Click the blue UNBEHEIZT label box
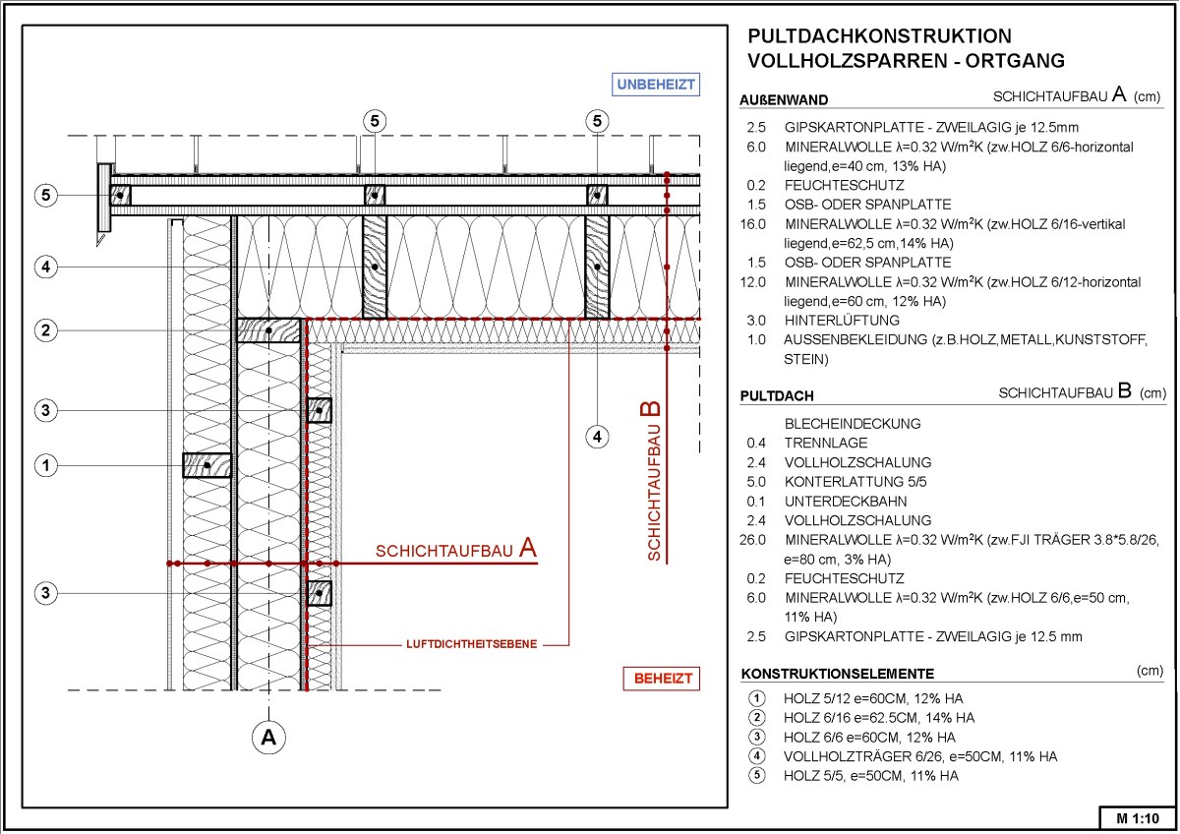point(656,84)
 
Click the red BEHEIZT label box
point(662,679)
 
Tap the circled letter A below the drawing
point(267,736)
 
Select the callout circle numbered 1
point(44,464)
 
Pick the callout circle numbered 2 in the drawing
point(44,330)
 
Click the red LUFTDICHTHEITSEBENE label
point(471,645)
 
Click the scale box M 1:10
point(1138,817)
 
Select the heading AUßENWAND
point(784,99)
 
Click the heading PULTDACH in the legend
point(777,396)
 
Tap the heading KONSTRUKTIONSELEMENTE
point(837,674)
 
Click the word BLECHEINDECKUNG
point(853,424)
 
